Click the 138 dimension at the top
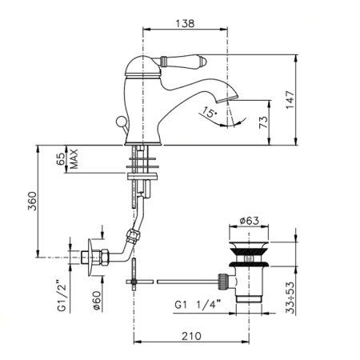click(185, 23)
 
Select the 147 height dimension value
click(290, 100)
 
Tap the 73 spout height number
click(263, 122)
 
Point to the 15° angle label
click(210, 113)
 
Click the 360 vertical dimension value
click(32, 201)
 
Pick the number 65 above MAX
click(61, 159)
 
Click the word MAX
click(74, 159)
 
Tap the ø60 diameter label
click(96, 301)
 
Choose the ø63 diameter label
click(249, 221)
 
